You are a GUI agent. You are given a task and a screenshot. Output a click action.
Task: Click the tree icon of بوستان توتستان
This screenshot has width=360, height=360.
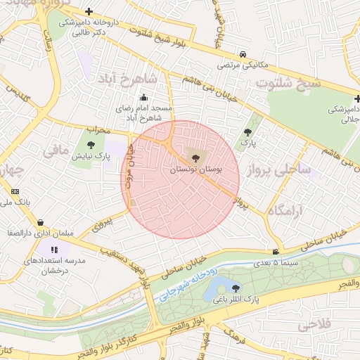coord(195,157)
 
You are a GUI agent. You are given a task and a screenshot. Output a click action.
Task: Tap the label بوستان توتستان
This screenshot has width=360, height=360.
coord(195,170)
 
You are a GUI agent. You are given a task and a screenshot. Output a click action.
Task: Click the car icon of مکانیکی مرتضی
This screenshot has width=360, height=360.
coord(242,54)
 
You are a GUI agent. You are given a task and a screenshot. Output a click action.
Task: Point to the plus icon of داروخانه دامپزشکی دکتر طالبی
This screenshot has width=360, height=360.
coord(89,11)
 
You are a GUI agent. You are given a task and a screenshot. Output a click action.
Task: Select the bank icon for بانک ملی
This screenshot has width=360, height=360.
coord(15,191)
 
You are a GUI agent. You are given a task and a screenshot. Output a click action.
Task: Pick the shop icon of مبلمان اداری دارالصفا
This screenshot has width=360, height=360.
coord(40,222)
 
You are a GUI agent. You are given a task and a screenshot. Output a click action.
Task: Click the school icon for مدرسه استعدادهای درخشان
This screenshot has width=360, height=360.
coord(55,249)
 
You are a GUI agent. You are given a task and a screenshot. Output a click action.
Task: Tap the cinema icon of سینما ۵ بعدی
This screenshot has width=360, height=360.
coord(275,252)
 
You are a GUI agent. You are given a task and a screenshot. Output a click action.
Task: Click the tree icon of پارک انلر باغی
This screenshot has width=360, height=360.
coord(236,288)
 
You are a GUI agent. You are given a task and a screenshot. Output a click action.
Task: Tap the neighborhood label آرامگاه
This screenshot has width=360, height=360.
coord(285,210)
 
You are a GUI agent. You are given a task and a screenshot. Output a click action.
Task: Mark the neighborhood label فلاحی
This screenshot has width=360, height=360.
coord(314,326)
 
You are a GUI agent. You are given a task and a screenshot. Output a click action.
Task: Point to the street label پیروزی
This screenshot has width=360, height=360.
coord(104,225)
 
